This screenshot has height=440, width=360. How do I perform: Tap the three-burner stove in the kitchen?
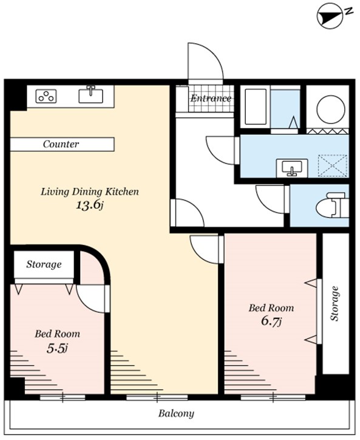click(46, 96)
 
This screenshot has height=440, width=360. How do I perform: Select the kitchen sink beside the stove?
click(90, 94)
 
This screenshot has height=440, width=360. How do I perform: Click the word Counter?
click(61, 144)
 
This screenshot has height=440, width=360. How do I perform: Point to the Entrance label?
click(211, 98)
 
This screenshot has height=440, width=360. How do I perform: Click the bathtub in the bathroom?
click(256, 106)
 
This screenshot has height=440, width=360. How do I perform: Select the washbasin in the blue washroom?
click(292, 168)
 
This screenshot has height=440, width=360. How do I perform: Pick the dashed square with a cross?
click(333, 165)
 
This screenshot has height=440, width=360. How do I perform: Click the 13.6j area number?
click(90, 205)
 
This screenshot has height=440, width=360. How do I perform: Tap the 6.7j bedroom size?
click(271, 321)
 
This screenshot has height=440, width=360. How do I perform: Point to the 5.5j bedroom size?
click(58, 348)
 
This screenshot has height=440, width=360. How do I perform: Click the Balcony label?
click(176, 414)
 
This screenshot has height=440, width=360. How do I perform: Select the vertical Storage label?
click(335, 304)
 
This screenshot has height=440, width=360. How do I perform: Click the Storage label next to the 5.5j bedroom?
click(44, 264)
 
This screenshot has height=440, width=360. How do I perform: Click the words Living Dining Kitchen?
click(90, 192)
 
